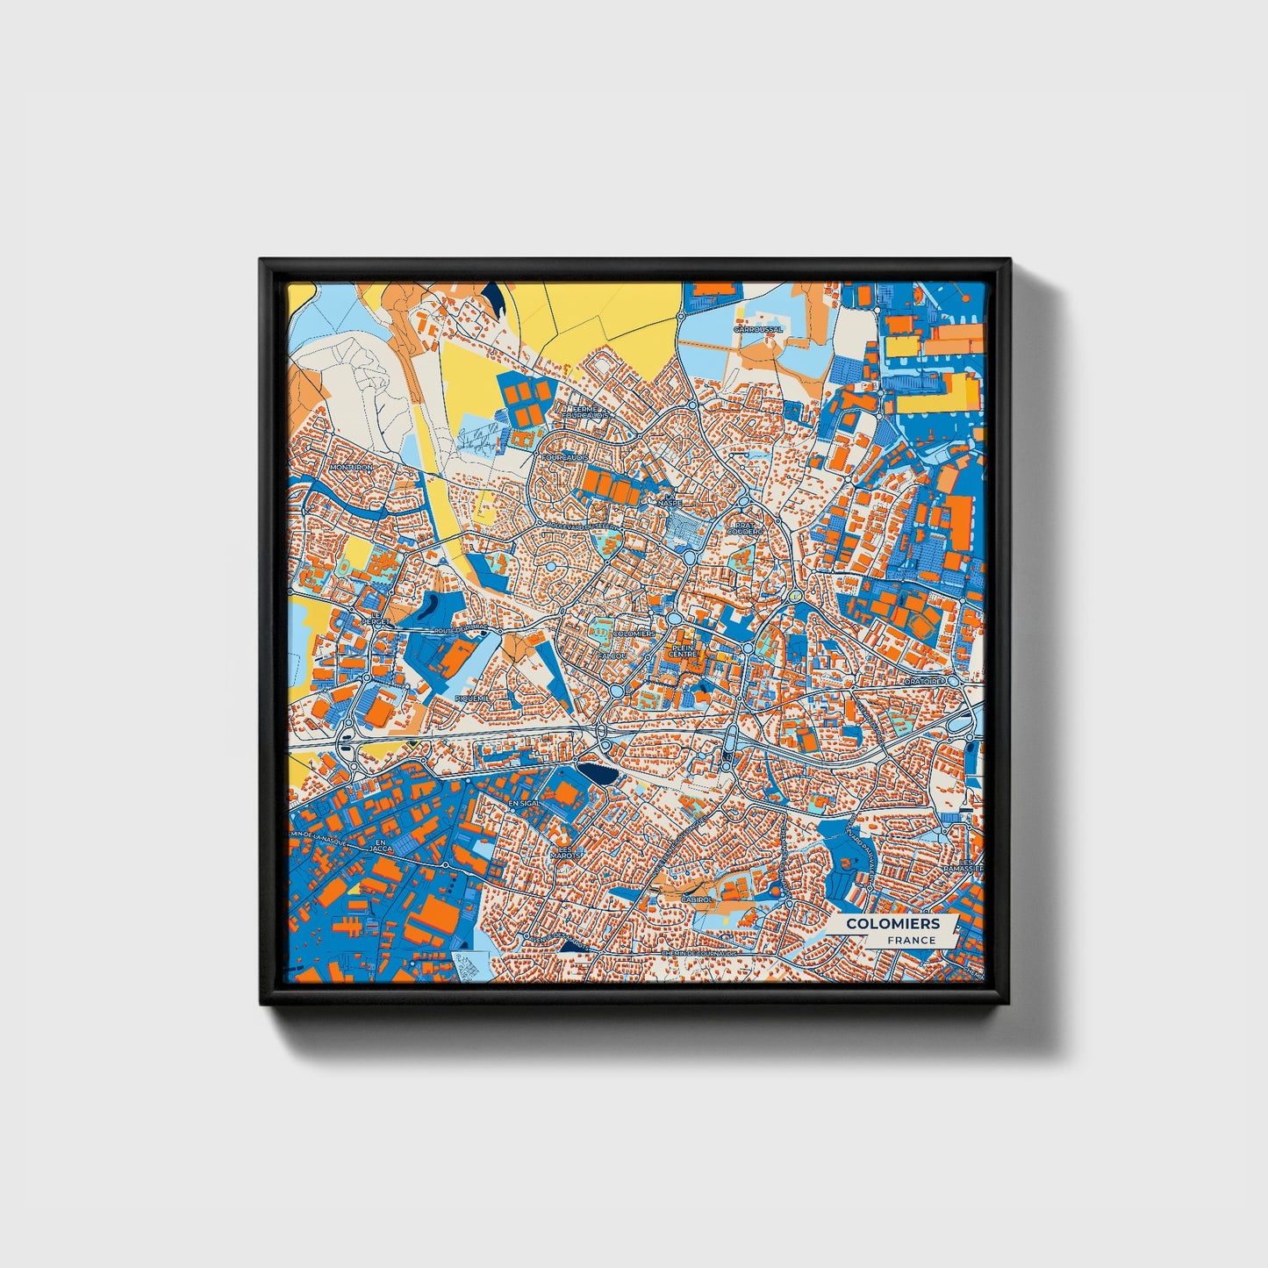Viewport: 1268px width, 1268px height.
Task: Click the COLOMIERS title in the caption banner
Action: [x=892, y=923]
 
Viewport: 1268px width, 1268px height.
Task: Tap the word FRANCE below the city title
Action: [x=911, y=940]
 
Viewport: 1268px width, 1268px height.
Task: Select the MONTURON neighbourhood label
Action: [x=350, y=468]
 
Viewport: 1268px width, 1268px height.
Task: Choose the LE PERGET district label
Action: [x=379, y=619]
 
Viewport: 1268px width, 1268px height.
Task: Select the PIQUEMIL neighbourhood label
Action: [x=471, y=697]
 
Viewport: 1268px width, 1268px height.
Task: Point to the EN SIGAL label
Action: [x=527, y=802]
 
